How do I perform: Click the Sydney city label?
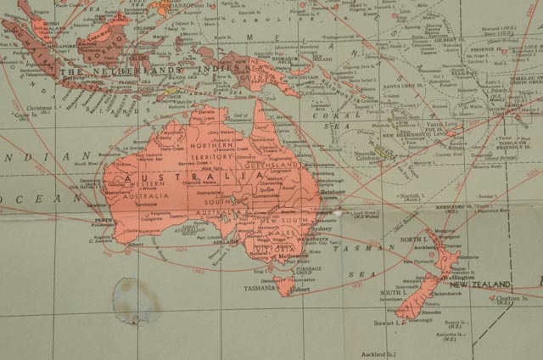pyautogui.click(x=323, y=228)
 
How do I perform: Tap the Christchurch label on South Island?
pyautogui.click(x=448, y=295)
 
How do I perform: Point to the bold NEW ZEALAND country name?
pyautogui.click(x=480, y=284)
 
